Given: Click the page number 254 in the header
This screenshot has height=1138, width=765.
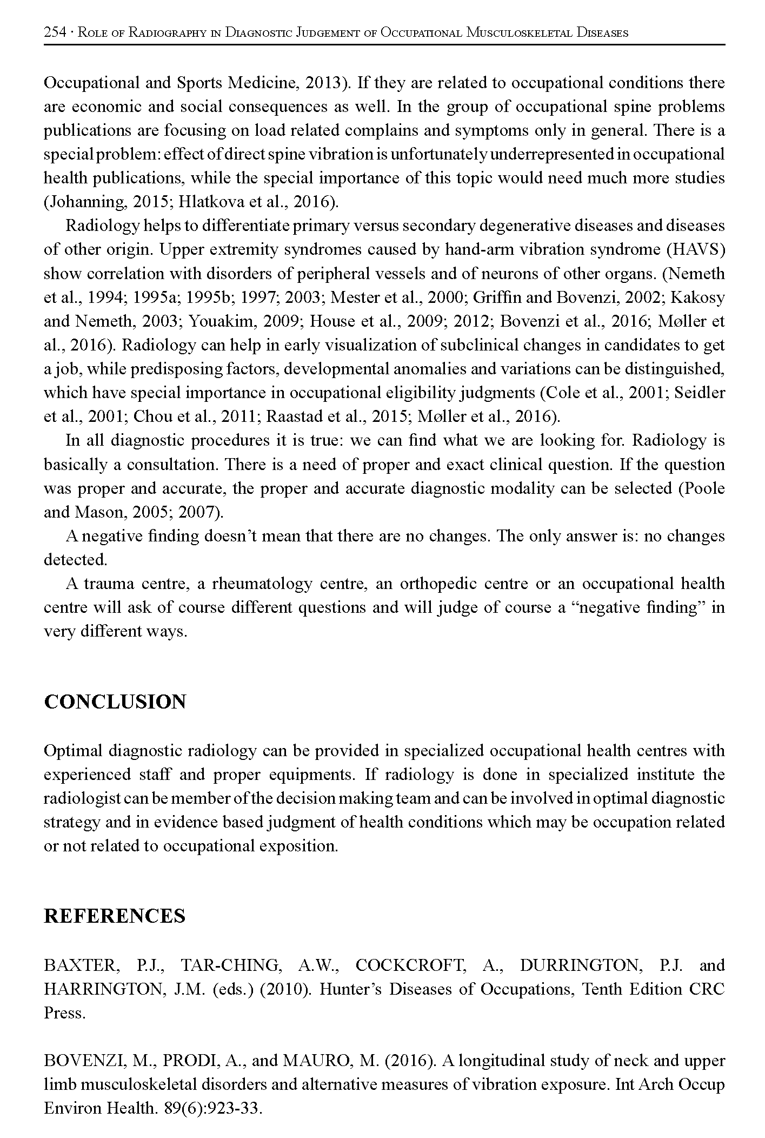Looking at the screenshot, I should pyautogui.click(x=54, y=32).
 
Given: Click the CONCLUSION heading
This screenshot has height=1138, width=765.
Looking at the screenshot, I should pyautogui.click(x=115, y=702).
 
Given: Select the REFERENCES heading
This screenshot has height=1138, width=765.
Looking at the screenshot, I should pyautogui.click(x=115, y=916).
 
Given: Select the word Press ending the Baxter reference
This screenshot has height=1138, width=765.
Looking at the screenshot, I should pyautogui.click(x=64, y=1013).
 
